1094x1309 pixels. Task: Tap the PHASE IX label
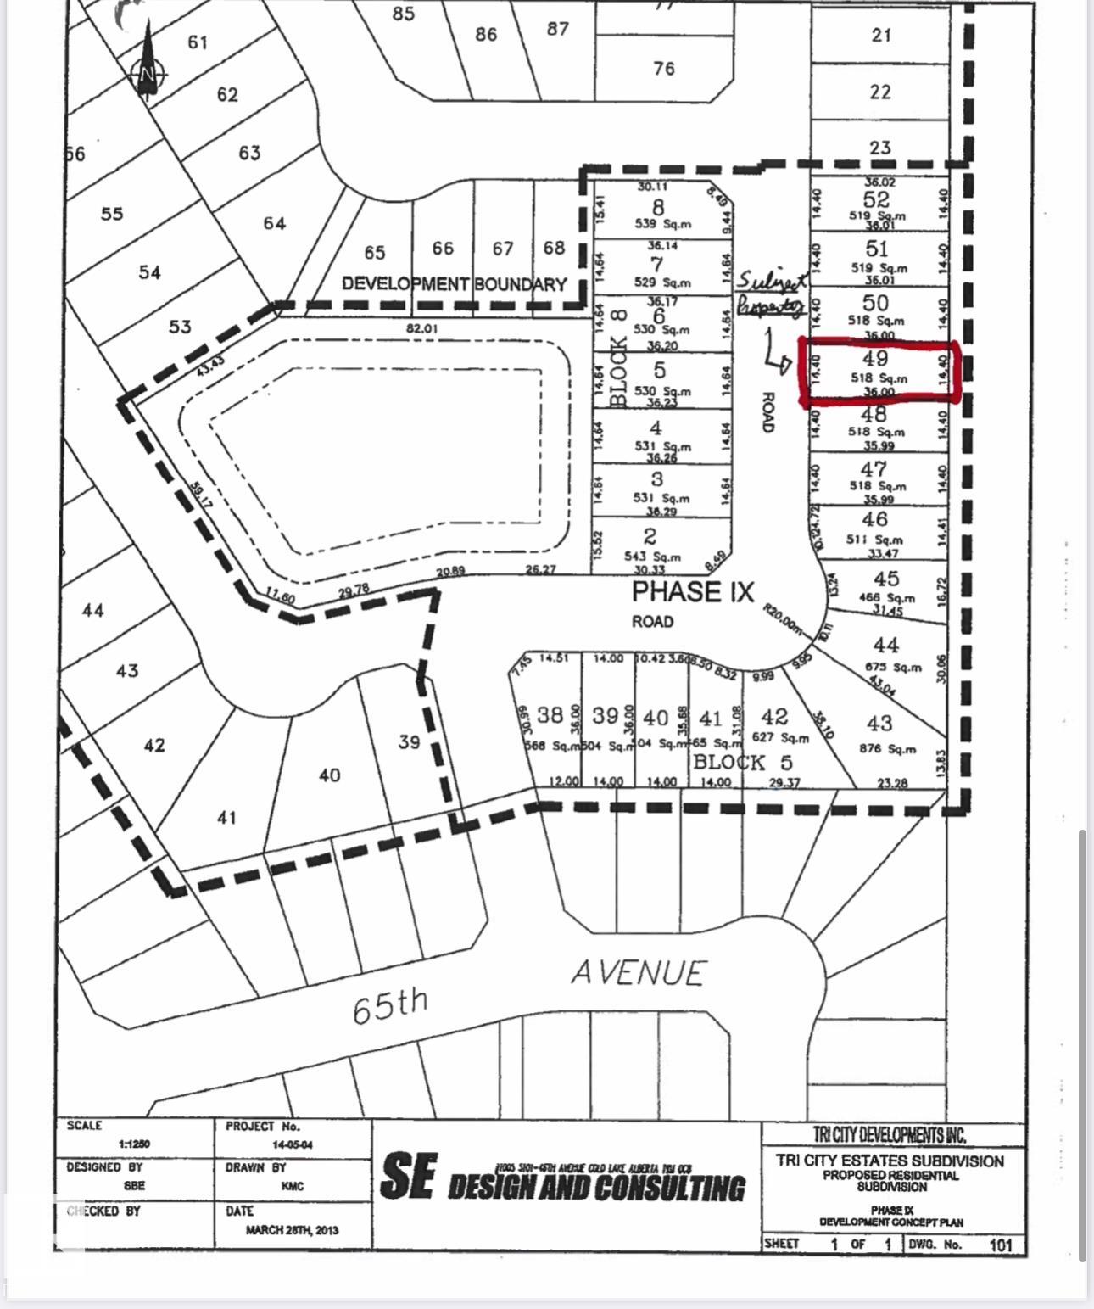tap(692, 591)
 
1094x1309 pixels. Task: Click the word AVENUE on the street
tap(638, 972)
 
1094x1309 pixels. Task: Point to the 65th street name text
tap(389, 1005)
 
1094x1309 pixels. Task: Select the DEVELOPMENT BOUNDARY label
tap(454, 284)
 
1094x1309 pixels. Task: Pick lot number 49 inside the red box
tap(874, 359)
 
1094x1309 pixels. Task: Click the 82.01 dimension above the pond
tap(422, 327)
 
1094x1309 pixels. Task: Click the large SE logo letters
tap(409, 1176)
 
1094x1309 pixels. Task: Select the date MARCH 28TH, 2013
tap(293, 1229)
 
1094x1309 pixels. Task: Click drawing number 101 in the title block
tap(1001, 1245)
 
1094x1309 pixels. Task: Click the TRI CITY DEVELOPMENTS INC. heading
tap(889, 1135)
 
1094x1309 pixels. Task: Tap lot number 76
tap(664, 68)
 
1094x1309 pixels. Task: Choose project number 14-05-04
tap(293, 1144)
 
